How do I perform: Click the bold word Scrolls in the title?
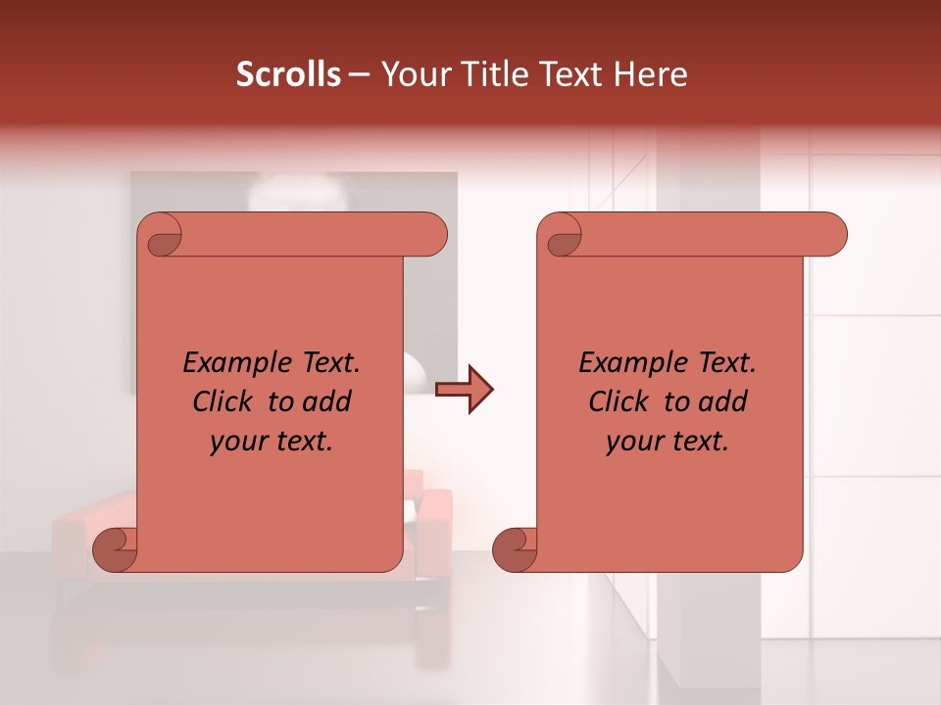[288, 74]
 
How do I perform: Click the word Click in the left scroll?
[224, 401]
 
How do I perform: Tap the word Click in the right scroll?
[620, 401]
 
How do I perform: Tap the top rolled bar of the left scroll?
[314, 235]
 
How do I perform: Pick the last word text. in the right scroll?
[698, 442]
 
